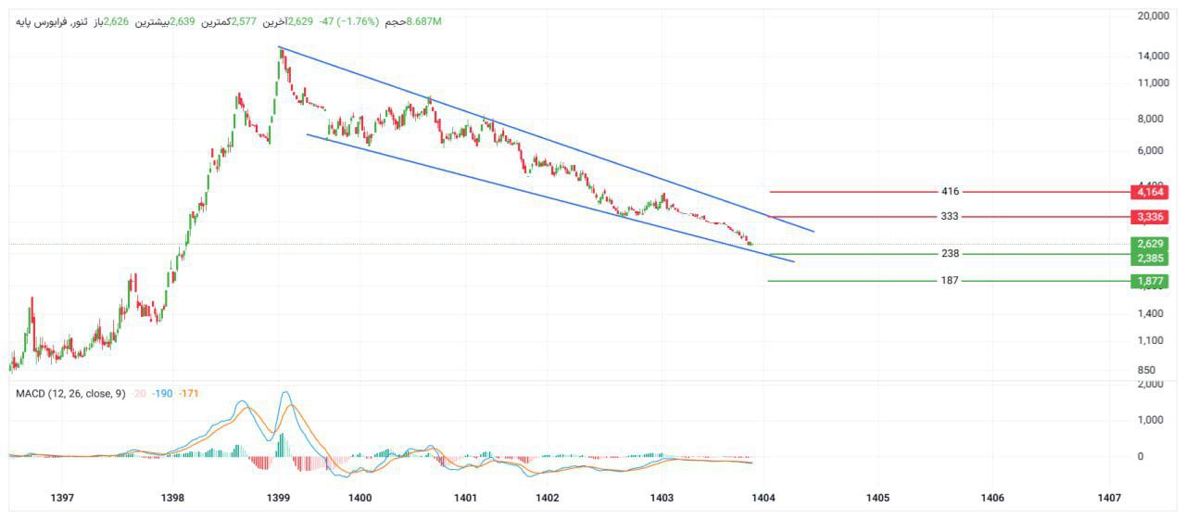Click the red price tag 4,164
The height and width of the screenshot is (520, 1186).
[1149, 192]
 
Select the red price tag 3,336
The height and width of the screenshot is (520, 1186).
[1149, 217]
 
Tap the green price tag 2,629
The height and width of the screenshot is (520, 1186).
[1149, 244]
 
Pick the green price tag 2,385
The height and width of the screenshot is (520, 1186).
[1149, 259]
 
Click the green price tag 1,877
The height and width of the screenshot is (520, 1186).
[1149, 281]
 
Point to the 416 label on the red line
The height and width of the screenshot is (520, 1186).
[950, 192]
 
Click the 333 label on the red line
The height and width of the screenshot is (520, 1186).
[950, 217]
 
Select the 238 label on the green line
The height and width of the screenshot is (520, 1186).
[950, 254]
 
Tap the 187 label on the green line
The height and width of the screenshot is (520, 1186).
[950, 281]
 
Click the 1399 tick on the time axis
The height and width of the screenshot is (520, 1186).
[278, 498]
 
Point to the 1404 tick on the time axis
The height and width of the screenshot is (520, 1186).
[763, 498]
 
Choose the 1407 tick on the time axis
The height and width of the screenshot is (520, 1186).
[1108, 498]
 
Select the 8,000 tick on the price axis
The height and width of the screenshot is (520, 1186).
[1150, 119]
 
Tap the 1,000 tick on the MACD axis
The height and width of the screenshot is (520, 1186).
[1150, 420]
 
